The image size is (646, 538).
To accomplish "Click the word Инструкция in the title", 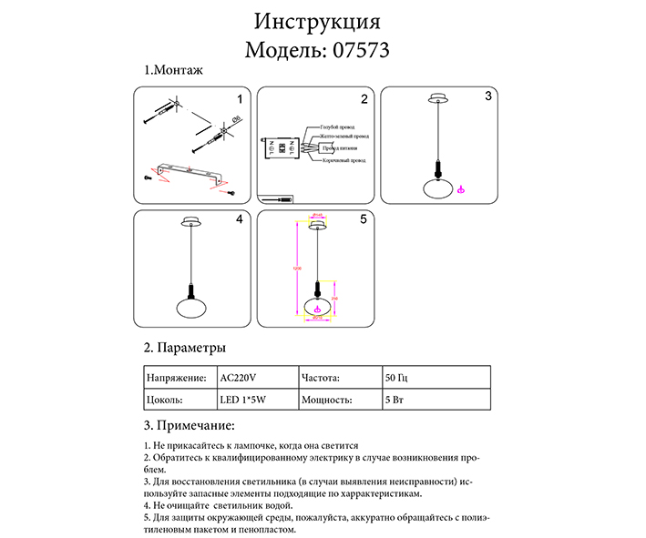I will coord(317,21).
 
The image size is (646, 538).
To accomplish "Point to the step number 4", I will coord(239,219).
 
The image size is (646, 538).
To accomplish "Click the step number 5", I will coord(363,219).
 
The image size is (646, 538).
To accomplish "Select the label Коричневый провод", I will coord(344,160).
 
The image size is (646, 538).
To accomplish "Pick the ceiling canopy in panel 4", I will coord(192,221).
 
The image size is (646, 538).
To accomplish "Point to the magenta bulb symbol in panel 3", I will coord(461,189).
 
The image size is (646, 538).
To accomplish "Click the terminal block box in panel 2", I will coord(283,147).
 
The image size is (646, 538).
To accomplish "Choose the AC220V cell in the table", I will coord(239,377).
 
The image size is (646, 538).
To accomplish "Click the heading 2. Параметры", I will coord(185,348).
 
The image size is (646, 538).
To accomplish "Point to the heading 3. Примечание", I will coord(190,425).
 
